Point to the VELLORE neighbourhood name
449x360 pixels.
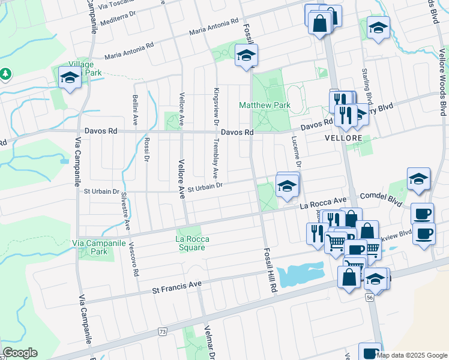343,138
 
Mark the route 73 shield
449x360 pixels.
163,331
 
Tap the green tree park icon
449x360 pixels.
6,74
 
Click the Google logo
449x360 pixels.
20,353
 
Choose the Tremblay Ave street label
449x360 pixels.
215,158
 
